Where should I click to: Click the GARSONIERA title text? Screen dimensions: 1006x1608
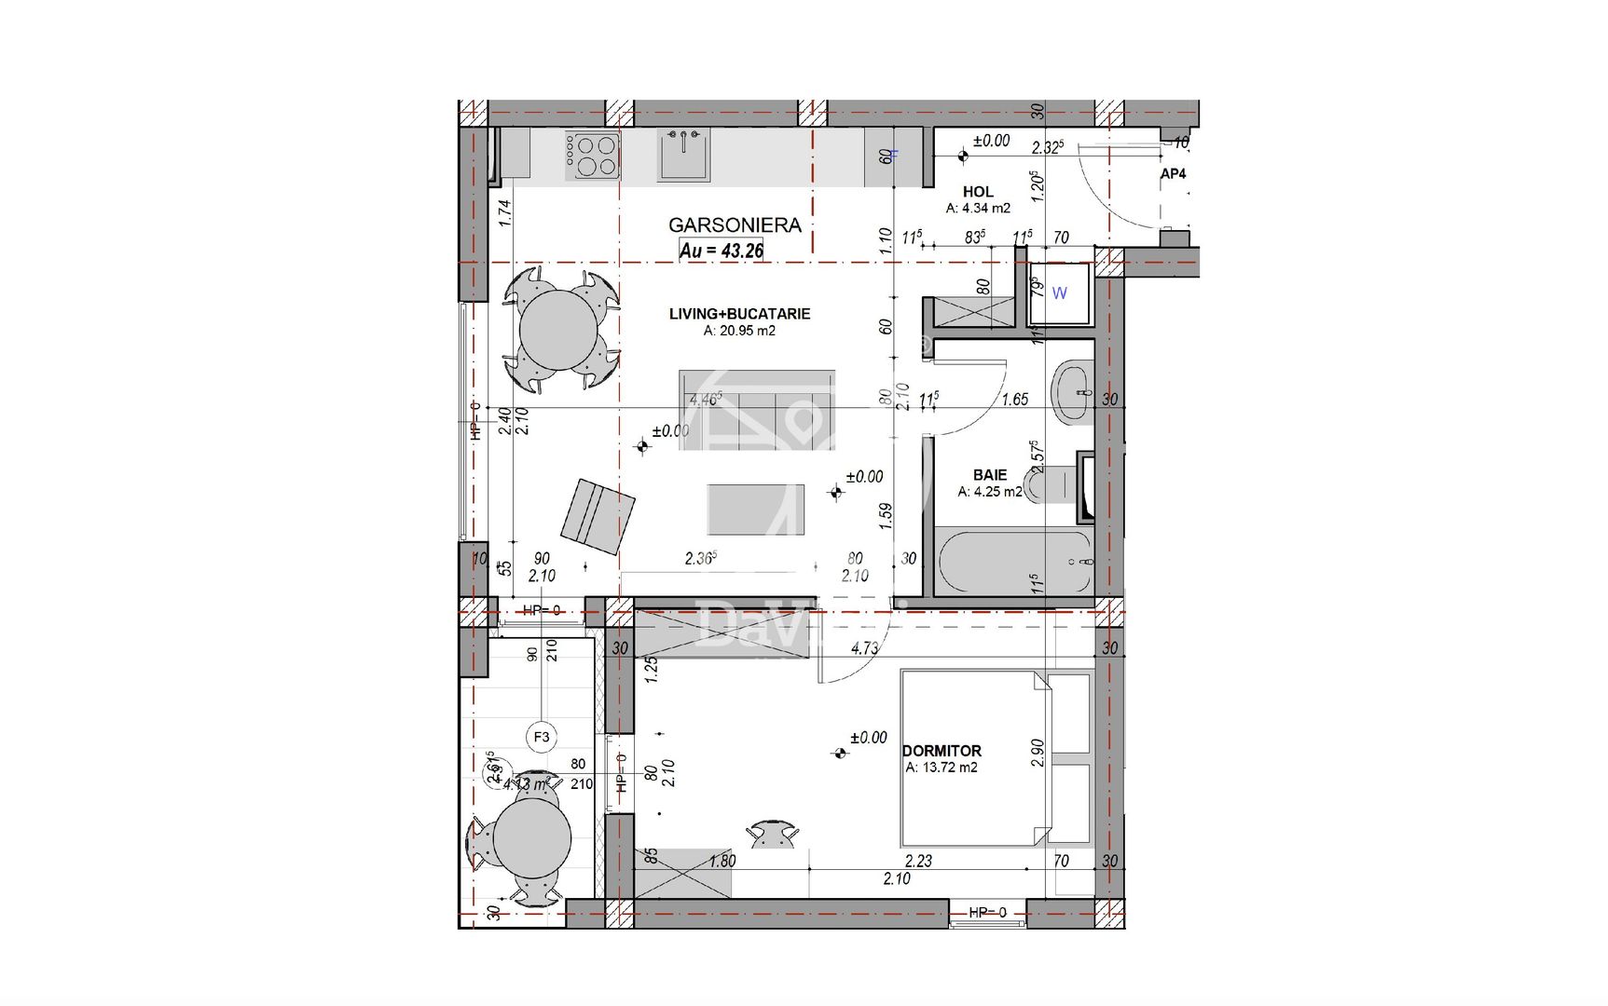click(735, 224)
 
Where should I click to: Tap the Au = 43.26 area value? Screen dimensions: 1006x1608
click(722, 250)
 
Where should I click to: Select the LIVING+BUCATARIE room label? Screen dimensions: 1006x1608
click(739, 314)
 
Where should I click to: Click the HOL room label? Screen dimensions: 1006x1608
click(978, 192)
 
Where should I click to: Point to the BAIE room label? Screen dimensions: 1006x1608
click(990, 475)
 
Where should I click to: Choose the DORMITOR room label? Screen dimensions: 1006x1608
click(941, 751)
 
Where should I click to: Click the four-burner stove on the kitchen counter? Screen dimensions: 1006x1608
click(594, 156)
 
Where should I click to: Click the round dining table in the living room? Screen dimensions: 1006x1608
click(559, 330)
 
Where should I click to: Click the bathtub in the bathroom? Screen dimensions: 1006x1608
click(1014, 562)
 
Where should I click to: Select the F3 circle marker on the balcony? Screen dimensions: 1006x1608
click(542, 737)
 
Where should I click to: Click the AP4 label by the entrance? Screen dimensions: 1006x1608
click(1173, 174)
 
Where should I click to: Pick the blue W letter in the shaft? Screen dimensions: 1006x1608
click(1059, 293)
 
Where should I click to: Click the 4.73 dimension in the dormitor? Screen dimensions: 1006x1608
click(864, 648)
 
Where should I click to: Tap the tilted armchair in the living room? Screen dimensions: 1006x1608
click(598, 516)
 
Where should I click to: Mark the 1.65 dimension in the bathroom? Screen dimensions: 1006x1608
click(1014, 400)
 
